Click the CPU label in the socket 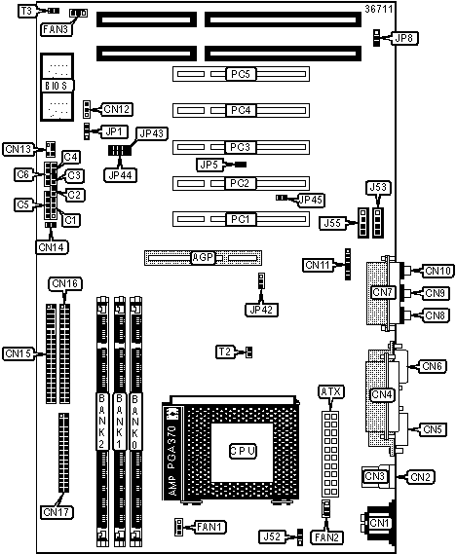tap(243, 451)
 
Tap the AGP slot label tap(203, 258)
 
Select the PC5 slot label tap(241, 74)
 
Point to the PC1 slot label tap(241, 219)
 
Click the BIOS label tap(57, 86)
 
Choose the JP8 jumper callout tap(403, 38)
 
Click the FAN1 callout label tap(210, 527)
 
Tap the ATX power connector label tap(331, 391)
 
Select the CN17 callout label tap(57, 512)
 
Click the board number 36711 tap(379, 9)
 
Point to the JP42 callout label tap(261, 310)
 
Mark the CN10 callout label tap(437, 271)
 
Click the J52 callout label tap(272, 537)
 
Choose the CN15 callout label tap(19, 353)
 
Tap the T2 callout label tap(225, 351)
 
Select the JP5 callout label tap(209, 165)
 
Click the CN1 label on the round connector tap(379, 523)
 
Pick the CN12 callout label tap(117, 109)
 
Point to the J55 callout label tap(332, 223)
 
